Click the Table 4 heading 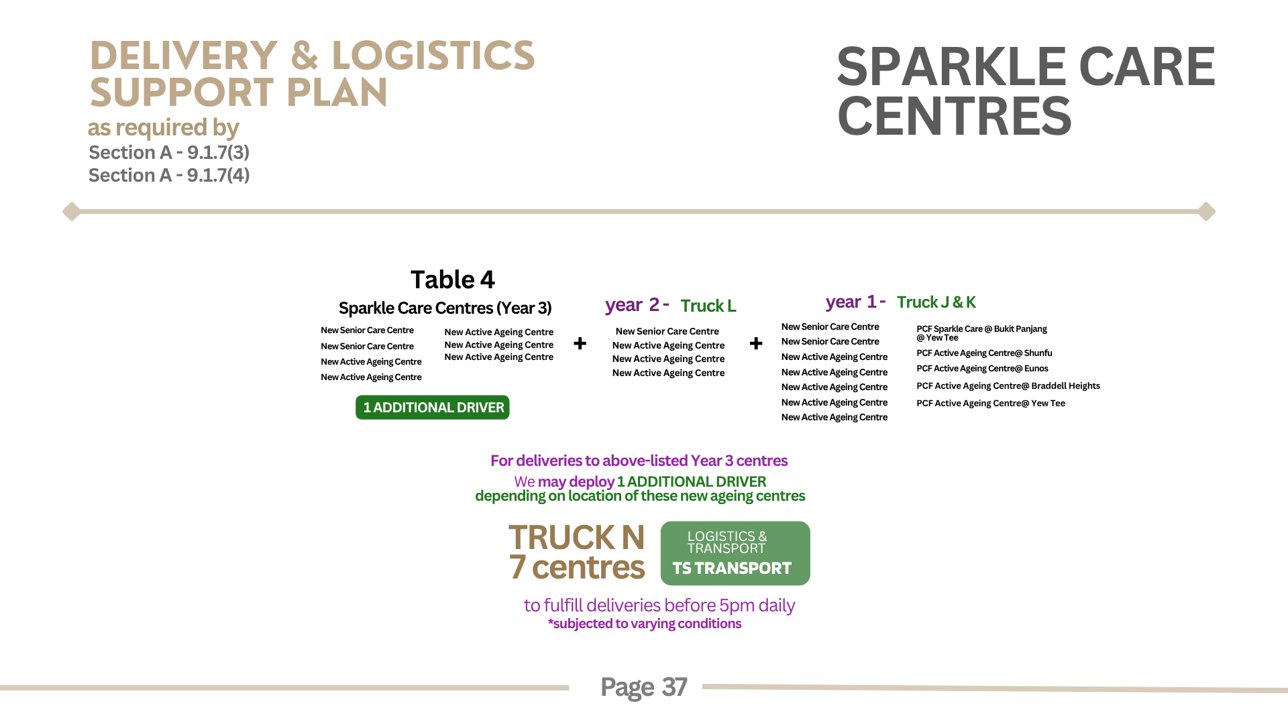453,280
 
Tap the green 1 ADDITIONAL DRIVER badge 433,408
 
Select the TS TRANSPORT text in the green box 732,568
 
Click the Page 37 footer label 644,687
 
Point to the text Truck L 708,306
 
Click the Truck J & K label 936,302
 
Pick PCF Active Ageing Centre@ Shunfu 984,353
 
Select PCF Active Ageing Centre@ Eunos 982,369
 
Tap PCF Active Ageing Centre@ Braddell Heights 1008,386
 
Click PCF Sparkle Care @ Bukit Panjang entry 981,329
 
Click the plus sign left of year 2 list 580,343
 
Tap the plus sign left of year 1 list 756,343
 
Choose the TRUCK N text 577,538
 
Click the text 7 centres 577,567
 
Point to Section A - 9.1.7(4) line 169,176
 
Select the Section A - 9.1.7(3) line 169,153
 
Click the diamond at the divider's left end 71,211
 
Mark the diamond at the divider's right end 1207,211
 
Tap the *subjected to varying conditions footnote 645,624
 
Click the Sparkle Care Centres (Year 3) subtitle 445,308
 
